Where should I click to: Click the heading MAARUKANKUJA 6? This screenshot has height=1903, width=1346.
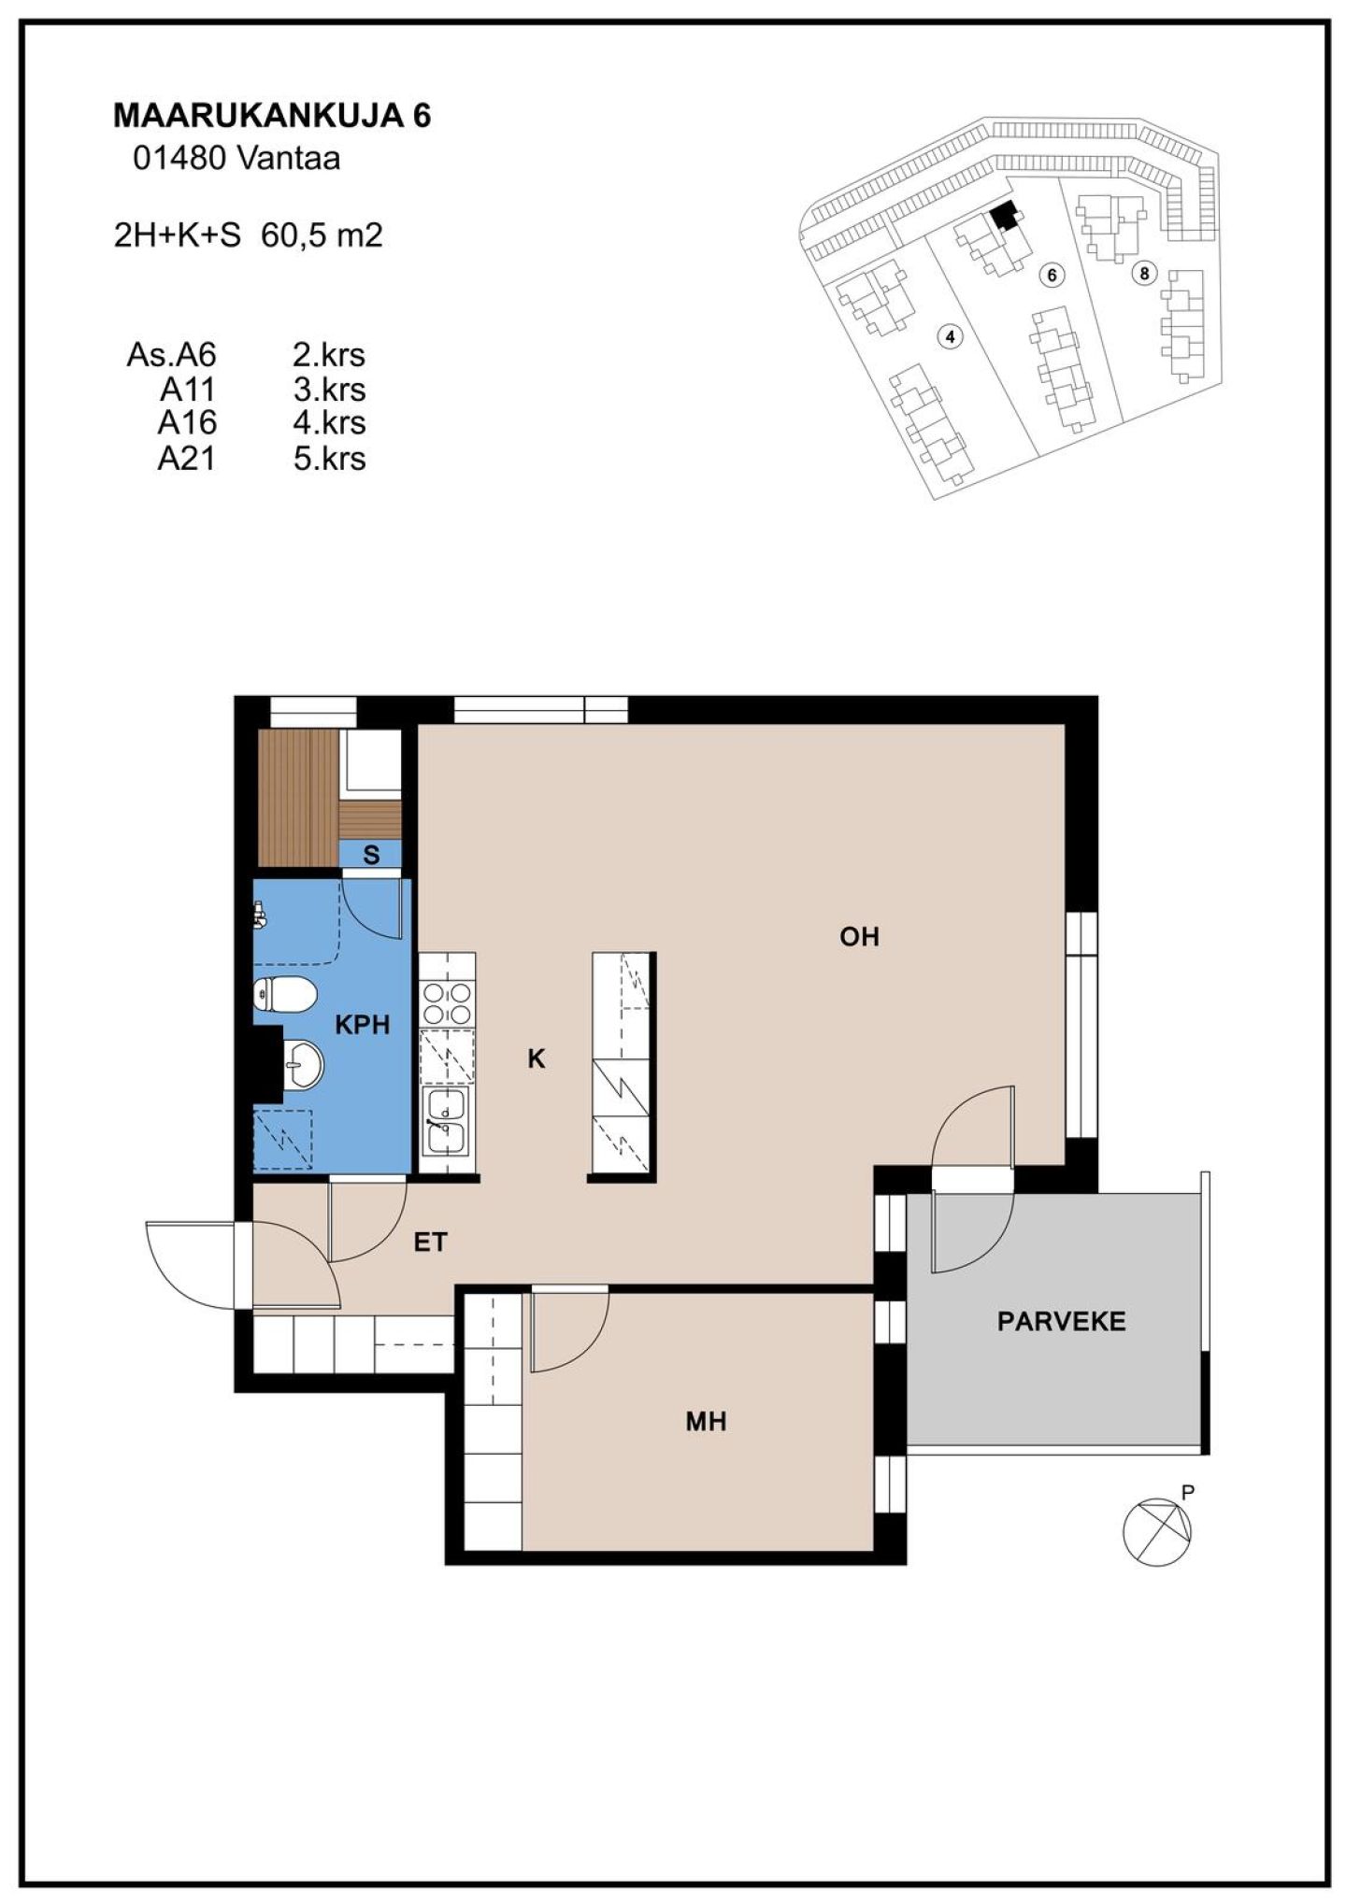[272, 116]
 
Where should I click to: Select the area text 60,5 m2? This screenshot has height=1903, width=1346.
[322, 235]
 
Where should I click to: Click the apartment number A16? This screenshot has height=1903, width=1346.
[187, 423]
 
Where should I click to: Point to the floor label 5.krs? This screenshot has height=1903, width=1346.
[329, 459]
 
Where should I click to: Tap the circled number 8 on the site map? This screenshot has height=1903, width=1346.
[1143, 273]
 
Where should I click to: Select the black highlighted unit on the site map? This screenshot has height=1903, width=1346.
[1005, 216]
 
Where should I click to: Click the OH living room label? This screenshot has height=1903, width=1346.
[859, 936]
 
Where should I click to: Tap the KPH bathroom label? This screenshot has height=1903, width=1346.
[362, 1025]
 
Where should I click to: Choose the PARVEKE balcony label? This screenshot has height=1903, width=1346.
[1061, 1321]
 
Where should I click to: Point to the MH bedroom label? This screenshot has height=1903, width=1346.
[706, 1422]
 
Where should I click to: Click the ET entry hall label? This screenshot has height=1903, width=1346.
[431, 1242]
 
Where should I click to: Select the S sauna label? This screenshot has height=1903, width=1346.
[371, 855]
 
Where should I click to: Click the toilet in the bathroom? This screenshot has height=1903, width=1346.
[283, 994]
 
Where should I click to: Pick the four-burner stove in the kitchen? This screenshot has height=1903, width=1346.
[447, 1002]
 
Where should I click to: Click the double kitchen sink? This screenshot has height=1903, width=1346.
[446, 1122]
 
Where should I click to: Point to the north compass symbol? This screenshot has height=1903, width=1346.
[1157, 1531]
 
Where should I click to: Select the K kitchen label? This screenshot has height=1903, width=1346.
[536, 1058]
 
